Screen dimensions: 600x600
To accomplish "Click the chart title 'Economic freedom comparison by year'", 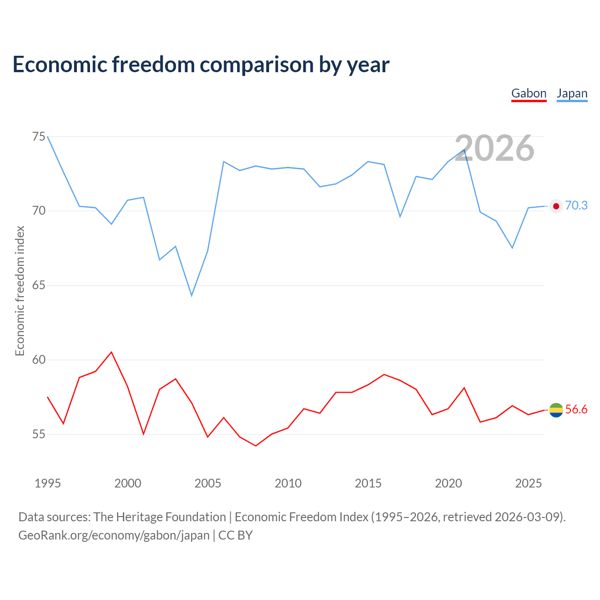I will [x=201, y=64].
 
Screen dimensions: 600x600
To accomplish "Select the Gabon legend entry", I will [x=529, y=93].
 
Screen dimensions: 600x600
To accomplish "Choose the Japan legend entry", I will [x=572, y=93].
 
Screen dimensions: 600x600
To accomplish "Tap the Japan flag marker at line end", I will [x=556, y=206].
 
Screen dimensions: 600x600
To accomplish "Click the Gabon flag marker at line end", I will [x=556, y=410].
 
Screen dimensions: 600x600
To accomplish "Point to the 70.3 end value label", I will [x=576, y=206].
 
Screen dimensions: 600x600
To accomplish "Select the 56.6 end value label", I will [x=576, y=410].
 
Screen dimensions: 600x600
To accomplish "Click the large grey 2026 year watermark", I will [x=495, y=148].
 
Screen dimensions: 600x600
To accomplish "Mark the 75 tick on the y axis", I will [x=39, y=137].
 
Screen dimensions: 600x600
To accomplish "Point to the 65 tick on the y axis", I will [x=39, y=285].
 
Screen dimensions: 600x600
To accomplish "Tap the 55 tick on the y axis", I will [x=39, y=435].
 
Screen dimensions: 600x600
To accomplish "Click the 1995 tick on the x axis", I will [x=48, y=483].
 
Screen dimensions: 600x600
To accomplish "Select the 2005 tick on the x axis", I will [x=208, y=483].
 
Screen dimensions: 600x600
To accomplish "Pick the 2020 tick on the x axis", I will [x=448, y=483].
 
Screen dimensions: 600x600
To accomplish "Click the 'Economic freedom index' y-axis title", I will [x=20, y=291].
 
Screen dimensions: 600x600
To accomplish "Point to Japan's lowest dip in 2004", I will [x=192, y=296].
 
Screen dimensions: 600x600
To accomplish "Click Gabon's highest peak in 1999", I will [x=112, y=352].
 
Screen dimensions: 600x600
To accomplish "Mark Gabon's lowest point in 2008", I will [x=255, y=446].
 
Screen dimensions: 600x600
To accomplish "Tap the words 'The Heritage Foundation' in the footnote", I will [x=159, y=517].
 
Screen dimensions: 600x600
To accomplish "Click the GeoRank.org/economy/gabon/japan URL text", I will [x=114, y=535].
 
